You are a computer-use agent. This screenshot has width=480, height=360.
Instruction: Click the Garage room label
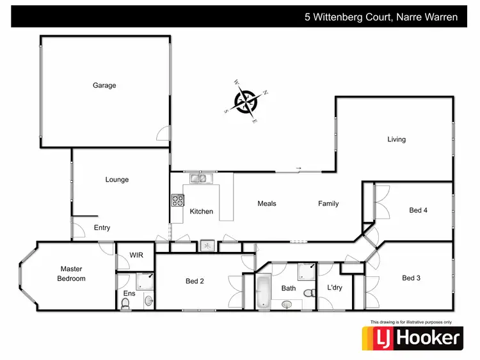104,85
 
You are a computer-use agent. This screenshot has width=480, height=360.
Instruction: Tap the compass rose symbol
246,101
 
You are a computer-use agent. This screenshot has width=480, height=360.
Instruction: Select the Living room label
396,139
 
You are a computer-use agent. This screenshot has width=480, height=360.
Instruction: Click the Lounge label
117,180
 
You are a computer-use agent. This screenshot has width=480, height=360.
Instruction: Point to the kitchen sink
198,178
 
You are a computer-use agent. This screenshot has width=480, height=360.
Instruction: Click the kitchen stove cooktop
177,200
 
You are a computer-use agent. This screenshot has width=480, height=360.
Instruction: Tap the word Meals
267,203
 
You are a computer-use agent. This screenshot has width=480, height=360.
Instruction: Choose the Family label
328,203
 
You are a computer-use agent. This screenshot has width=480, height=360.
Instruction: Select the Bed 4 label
418,210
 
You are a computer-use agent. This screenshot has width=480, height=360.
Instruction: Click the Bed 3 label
412,278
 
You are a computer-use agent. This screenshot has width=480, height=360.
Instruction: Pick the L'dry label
335,288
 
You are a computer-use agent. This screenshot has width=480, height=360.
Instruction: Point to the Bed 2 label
195,281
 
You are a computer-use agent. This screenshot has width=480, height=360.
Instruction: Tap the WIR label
136,255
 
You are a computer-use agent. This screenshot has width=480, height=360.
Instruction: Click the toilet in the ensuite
125,306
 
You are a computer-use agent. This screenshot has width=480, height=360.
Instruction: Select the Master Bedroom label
72,274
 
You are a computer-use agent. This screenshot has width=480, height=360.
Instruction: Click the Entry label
102,228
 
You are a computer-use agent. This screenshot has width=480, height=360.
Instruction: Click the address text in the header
381,17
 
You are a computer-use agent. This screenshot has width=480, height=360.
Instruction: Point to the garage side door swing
164,134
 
